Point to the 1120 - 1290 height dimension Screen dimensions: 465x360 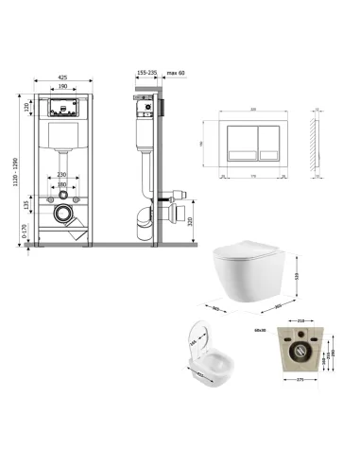coord(20,168)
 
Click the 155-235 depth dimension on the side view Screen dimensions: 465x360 coord(146,71)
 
